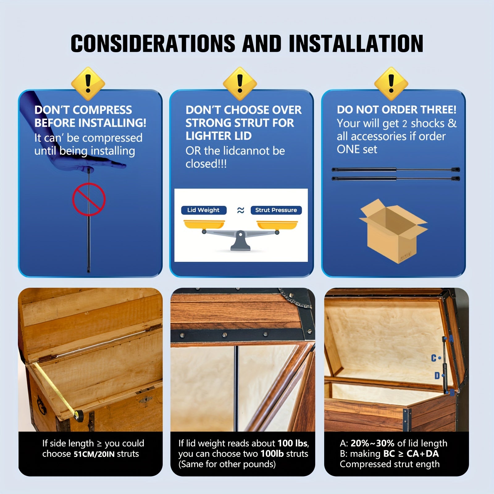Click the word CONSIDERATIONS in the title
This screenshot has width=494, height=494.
(153, 43)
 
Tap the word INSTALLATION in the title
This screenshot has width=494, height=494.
(356, 43)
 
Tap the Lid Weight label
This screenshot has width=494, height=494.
(203, 210)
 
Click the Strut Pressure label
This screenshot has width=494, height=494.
(276, 210)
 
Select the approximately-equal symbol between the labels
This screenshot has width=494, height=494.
(241, 210)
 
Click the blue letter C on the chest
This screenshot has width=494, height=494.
(434, 358)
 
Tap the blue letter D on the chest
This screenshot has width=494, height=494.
(437, 375)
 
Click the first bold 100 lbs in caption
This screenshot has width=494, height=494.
(292, 443)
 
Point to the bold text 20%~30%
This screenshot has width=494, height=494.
(373, 443)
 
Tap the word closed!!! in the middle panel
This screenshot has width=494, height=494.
(206, 164)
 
